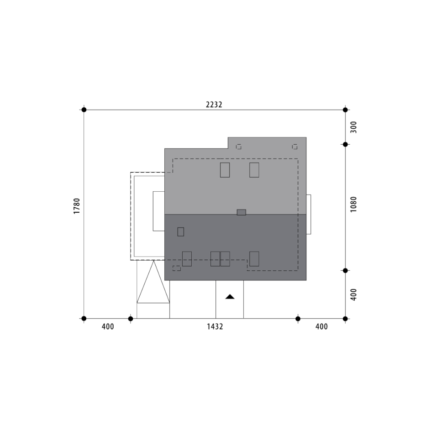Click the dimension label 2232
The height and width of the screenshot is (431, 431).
(214, 105)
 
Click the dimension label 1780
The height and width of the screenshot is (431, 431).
(77, 206)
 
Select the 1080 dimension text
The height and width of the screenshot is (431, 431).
(353, 204)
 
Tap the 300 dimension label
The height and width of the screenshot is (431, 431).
(353, 127)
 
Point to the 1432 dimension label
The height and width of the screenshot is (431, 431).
(215, 326)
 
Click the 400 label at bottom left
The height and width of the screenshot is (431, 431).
(108, 326)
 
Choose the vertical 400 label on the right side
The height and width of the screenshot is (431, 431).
(353, 294)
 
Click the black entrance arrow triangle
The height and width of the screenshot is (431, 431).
(230, 297)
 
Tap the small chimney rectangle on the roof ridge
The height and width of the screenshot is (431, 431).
(242, 212)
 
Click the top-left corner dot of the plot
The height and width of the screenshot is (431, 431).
(84, 110)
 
